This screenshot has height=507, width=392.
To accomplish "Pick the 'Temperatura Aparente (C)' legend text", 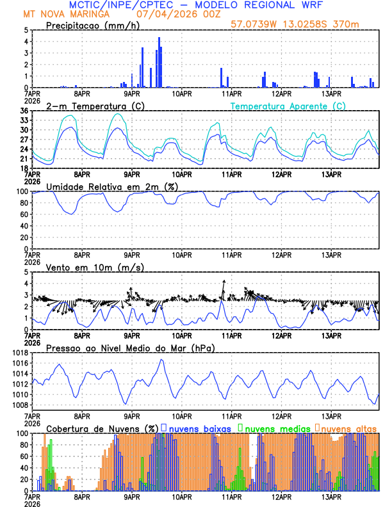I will coord(288,106).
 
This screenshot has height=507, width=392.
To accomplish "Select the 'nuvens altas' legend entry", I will coord(348,428).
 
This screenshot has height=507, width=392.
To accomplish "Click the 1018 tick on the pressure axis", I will coord(19,353).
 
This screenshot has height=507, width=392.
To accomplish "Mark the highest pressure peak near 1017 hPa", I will coord(161,360).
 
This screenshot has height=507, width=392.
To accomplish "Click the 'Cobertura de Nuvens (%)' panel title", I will coord(102,428).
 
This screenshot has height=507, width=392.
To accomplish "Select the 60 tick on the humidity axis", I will coord(24,214).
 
